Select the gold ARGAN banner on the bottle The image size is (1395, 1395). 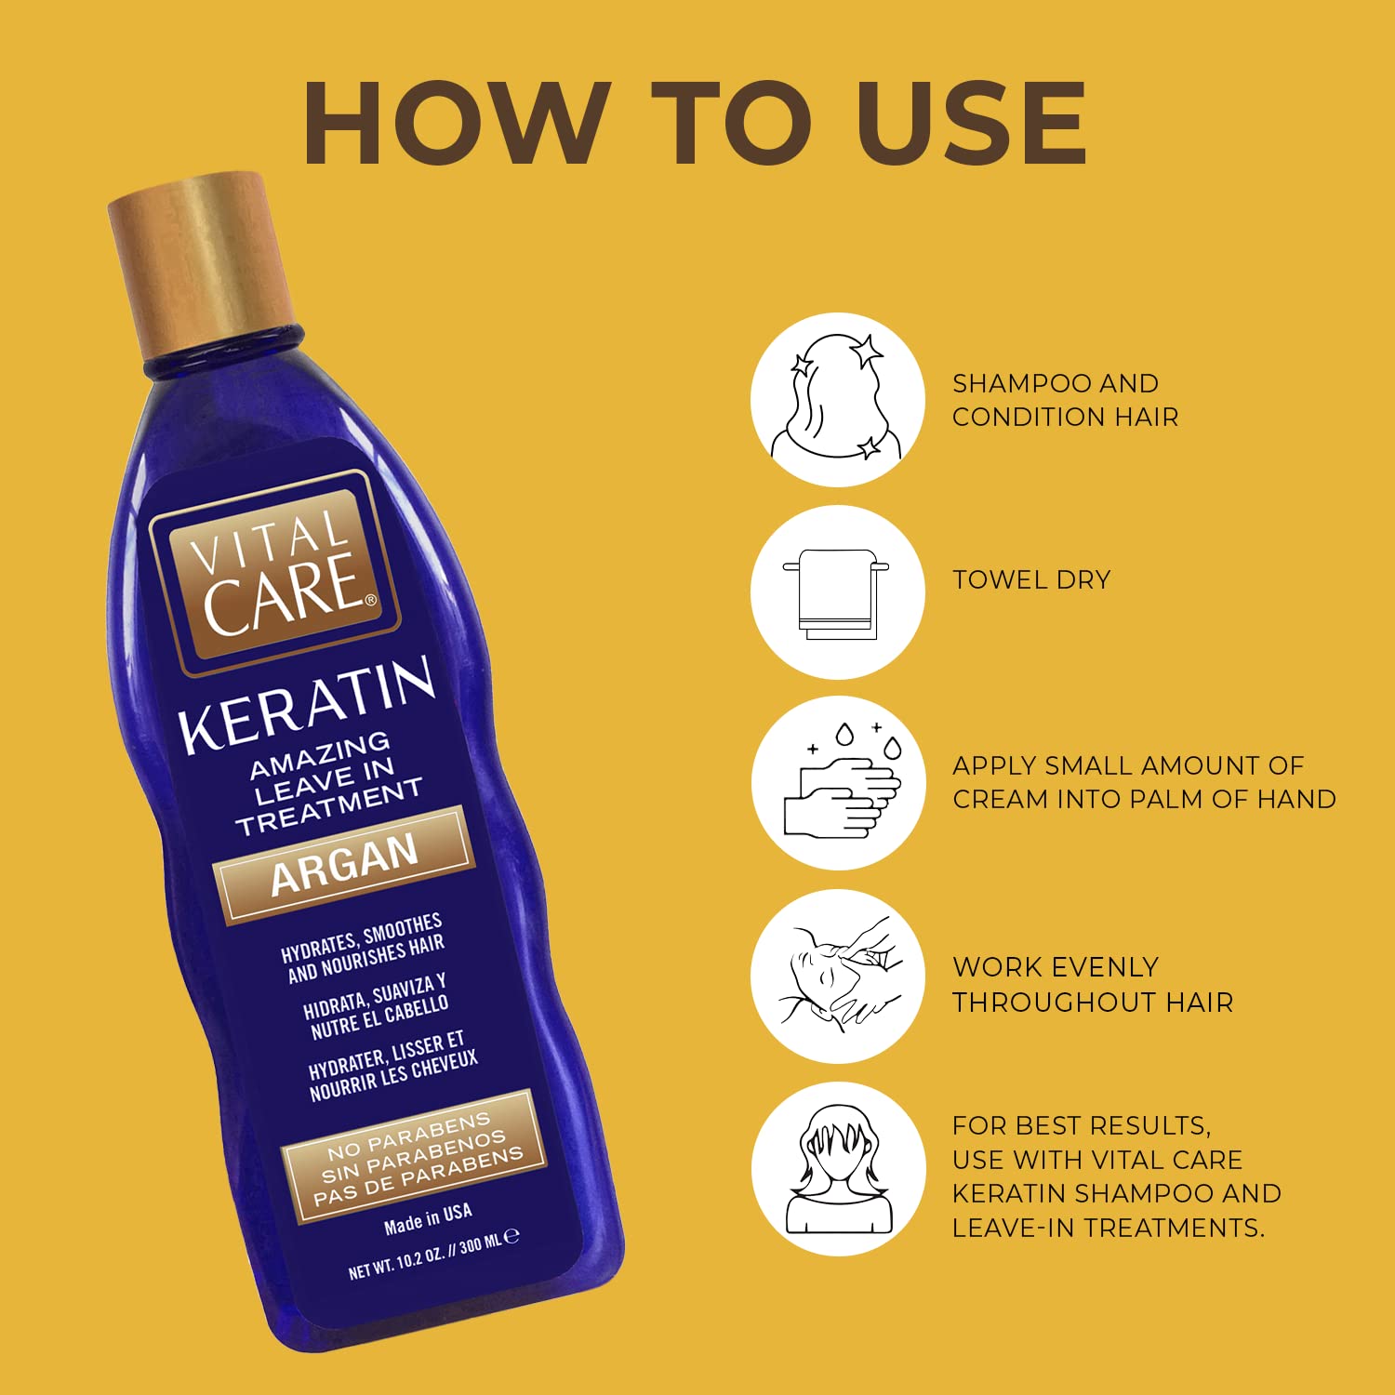point(344,865)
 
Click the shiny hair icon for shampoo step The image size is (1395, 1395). point(837,399)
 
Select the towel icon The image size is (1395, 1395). point(837,592)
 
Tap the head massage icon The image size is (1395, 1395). point(837,976)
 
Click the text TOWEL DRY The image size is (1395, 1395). point(1031,580)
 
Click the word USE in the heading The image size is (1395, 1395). point(971,124)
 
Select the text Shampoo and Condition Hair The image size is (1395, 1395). point(1065,400)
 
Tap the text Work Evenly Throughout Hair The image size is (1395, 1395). point(1093,984)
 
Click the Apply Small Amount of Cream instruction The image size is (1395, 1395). point(1144,782)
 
